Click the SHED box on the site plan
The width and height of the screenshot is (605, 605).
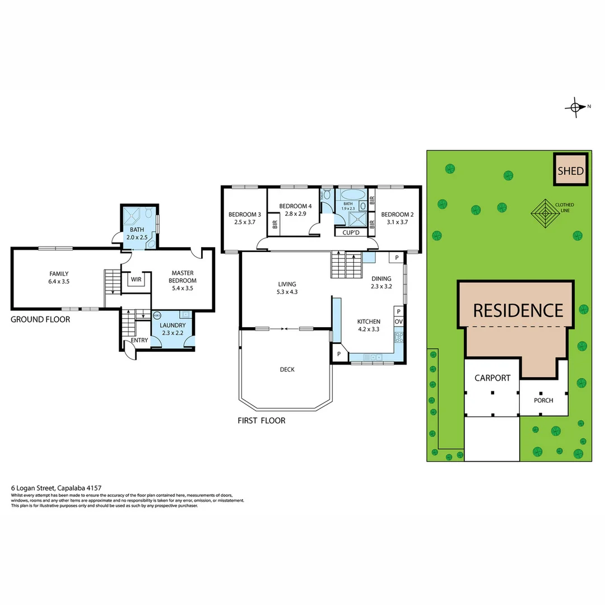coord(570,171)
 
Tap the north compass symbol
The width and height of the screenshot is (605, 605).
coord(576,107)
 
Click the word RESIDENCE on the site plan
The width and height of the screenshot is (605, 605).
coord(518,310)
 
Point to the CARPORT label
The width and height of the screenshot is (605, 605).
coord(492,378)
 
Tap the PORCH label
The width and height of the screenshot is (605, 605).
coord(543,401)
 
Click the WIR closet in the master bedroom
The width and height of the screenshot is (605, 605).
coord(136,279)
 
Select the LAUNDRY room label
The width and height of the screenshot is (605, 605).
coord(172,325)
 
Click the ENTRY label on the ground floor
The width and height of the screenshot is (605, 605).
coord(139,340)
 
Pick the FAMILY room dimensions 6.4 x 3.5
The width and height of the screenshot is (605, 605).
coord(59,281)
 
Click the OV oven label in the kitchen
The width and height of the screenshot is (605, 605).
coord(398,322)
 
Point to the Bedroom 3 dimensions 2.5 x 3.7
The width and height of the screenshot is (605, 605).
coord(244,222)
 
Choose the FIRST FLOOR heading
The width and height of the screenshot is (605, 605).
coord(262,420)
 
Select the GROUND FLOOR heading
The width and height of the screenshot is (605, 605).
coord(40,319)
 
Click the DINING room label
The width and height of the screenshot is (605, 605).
coord(381,278)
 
